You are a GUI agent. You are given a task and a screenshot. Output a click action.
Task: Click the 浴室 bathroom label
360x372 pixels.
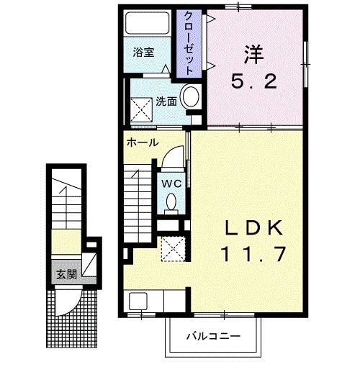coord(143,53)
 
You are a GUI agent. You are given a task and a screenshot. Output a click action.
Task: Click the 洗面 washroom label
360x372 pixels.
coord(166,101)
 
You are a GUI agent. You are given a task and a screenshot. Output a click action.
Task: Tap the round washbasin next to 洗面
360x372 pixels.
coord(191,97)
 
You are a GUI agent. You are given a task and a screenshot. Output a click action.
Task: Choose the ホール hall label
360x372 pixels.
coord(142,142)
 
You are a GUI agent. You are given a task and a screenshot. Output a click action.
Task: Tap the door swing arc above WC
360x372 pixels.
coord(173,157)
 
